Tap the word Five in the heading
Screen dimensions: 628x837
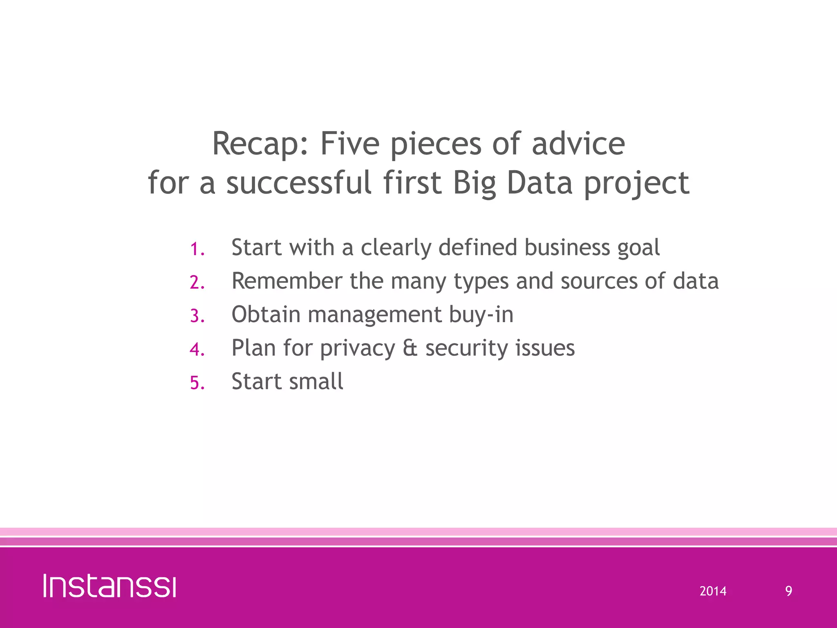click(350, 144)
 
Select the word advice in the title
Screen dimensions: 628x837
click(578, 144)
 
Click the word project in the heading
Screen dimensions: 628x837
click(636, 184)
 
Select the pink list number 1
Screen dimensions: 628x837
click(197, 249)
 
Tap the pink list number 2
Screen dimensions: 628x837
click(197, 283)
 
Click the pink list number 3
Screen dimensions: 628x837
click(197, 316)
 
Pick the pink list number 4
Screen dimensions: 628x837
click(197, 350)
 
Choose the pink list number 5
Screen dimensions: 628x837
click(197, 383)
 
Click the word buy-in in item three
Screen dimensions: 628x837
click(481, 315)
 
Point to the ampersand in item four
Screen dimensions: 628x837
click(410, 348)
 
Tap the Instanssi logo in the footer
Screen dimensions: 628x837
click(110, 586)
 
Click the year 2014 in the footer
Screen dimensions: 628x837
click(713, 591)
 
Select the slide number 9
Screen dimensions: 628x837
click(788, 591)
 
